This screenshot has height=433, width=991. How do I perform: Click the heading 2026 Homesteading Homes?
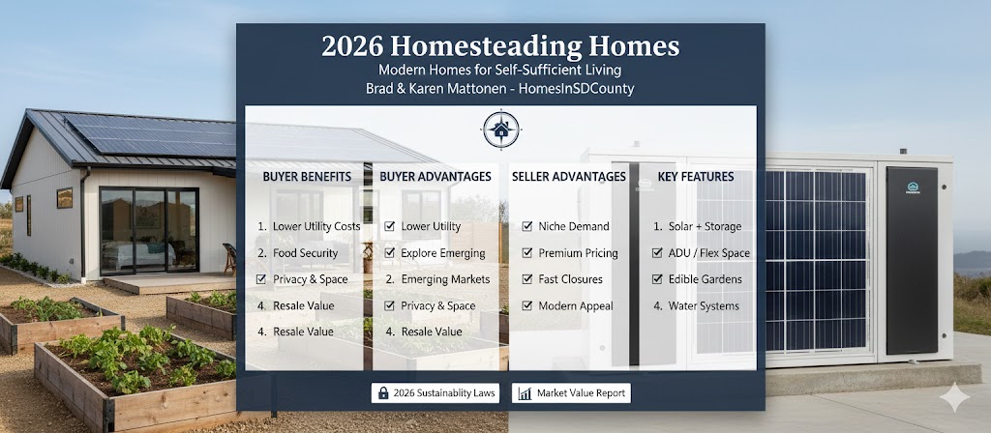click(x=500, y=45)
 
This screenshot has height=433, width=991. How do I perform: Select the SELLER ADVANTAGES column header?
click(x=568, y=177)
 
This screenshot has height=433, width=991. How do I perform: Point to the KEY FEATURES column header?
click(x=695, y=177)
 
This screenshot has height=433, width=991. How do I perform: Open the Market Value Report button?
click(x=572, y=393)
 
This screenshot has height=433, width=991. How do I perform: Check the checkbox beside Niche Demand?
click(x=527, y=226)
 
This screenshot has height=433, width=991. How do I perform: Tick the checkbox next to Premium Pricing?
click(x=527, y=253)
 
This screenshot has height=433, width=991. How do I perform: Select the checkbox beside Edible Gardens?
click(x=658, y=279)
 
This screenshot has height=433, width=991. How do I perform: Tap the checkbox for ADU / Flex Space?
click(x=658, y=253)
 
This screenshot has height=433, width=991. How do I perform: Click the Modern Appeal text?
click(x=575, y=305)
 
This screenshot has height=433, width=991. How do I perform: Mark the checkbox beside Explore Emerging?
click(x=389, y=253)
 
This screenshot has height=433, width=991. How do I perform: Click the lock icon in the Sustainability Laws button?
click(x=383, y=393)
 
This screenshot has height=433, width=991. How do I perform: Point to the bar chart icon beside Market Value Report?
click(x=524, y=393)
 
